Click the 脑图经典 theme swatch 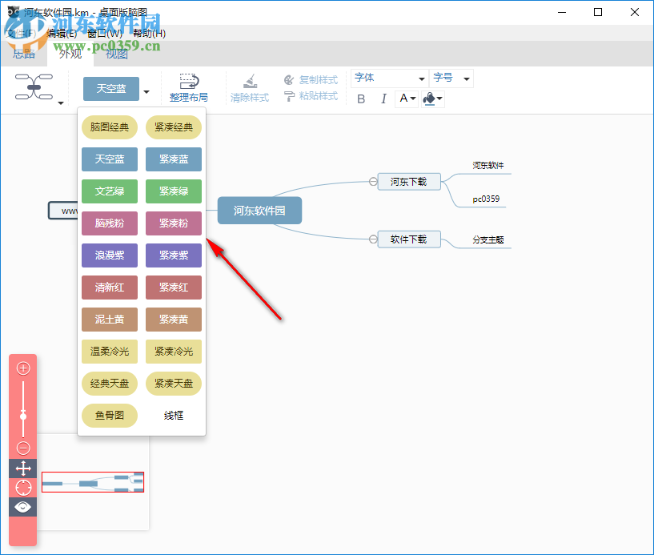pos(110,127)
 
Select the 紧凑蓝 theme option pos(174,159)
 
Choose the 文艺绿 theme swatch pos(110,191)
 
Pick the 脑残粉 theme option pos(110,223)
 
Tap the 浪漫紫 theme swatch pos(110,255)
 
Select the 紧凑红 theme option pos(174,288)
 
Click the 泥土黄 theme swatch pos(110,320)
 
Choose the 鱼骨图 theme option pos(110,416)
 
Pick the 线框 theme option pos(174,416)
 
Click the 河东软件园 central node pos(259,211)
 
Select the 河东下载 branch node pos(409,182)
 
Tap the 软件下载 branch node pos(409,239)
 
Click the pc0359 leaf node pos(486,199)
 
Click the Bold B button pos(361,99)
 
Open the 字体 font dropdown pos(390,78)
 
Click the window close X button pos(634,12)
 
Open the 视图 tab pos(117,54)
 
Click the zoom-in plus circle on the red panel pos(23,368)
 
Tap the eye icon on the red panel pos(23,507)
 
